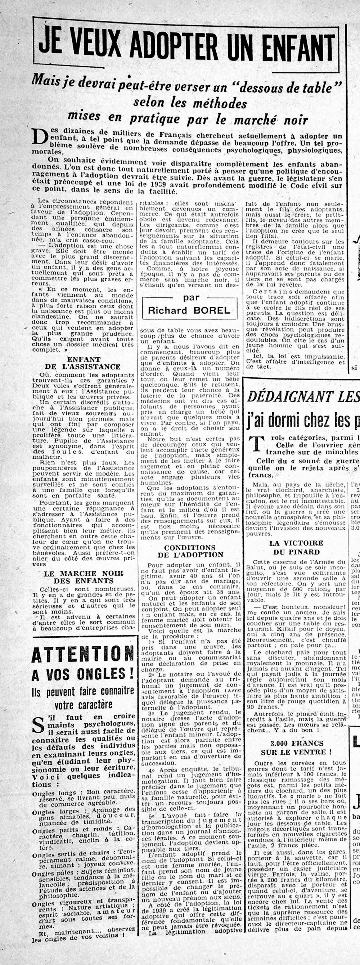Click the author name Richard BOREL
coord(189,310)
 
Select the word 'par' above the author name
coord(191,297)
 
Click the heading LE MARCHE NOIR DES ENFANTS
coord(83,577)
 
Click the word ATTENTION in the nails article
coord(83,655)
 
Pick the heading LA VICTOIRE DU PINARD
coord(296,547)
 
